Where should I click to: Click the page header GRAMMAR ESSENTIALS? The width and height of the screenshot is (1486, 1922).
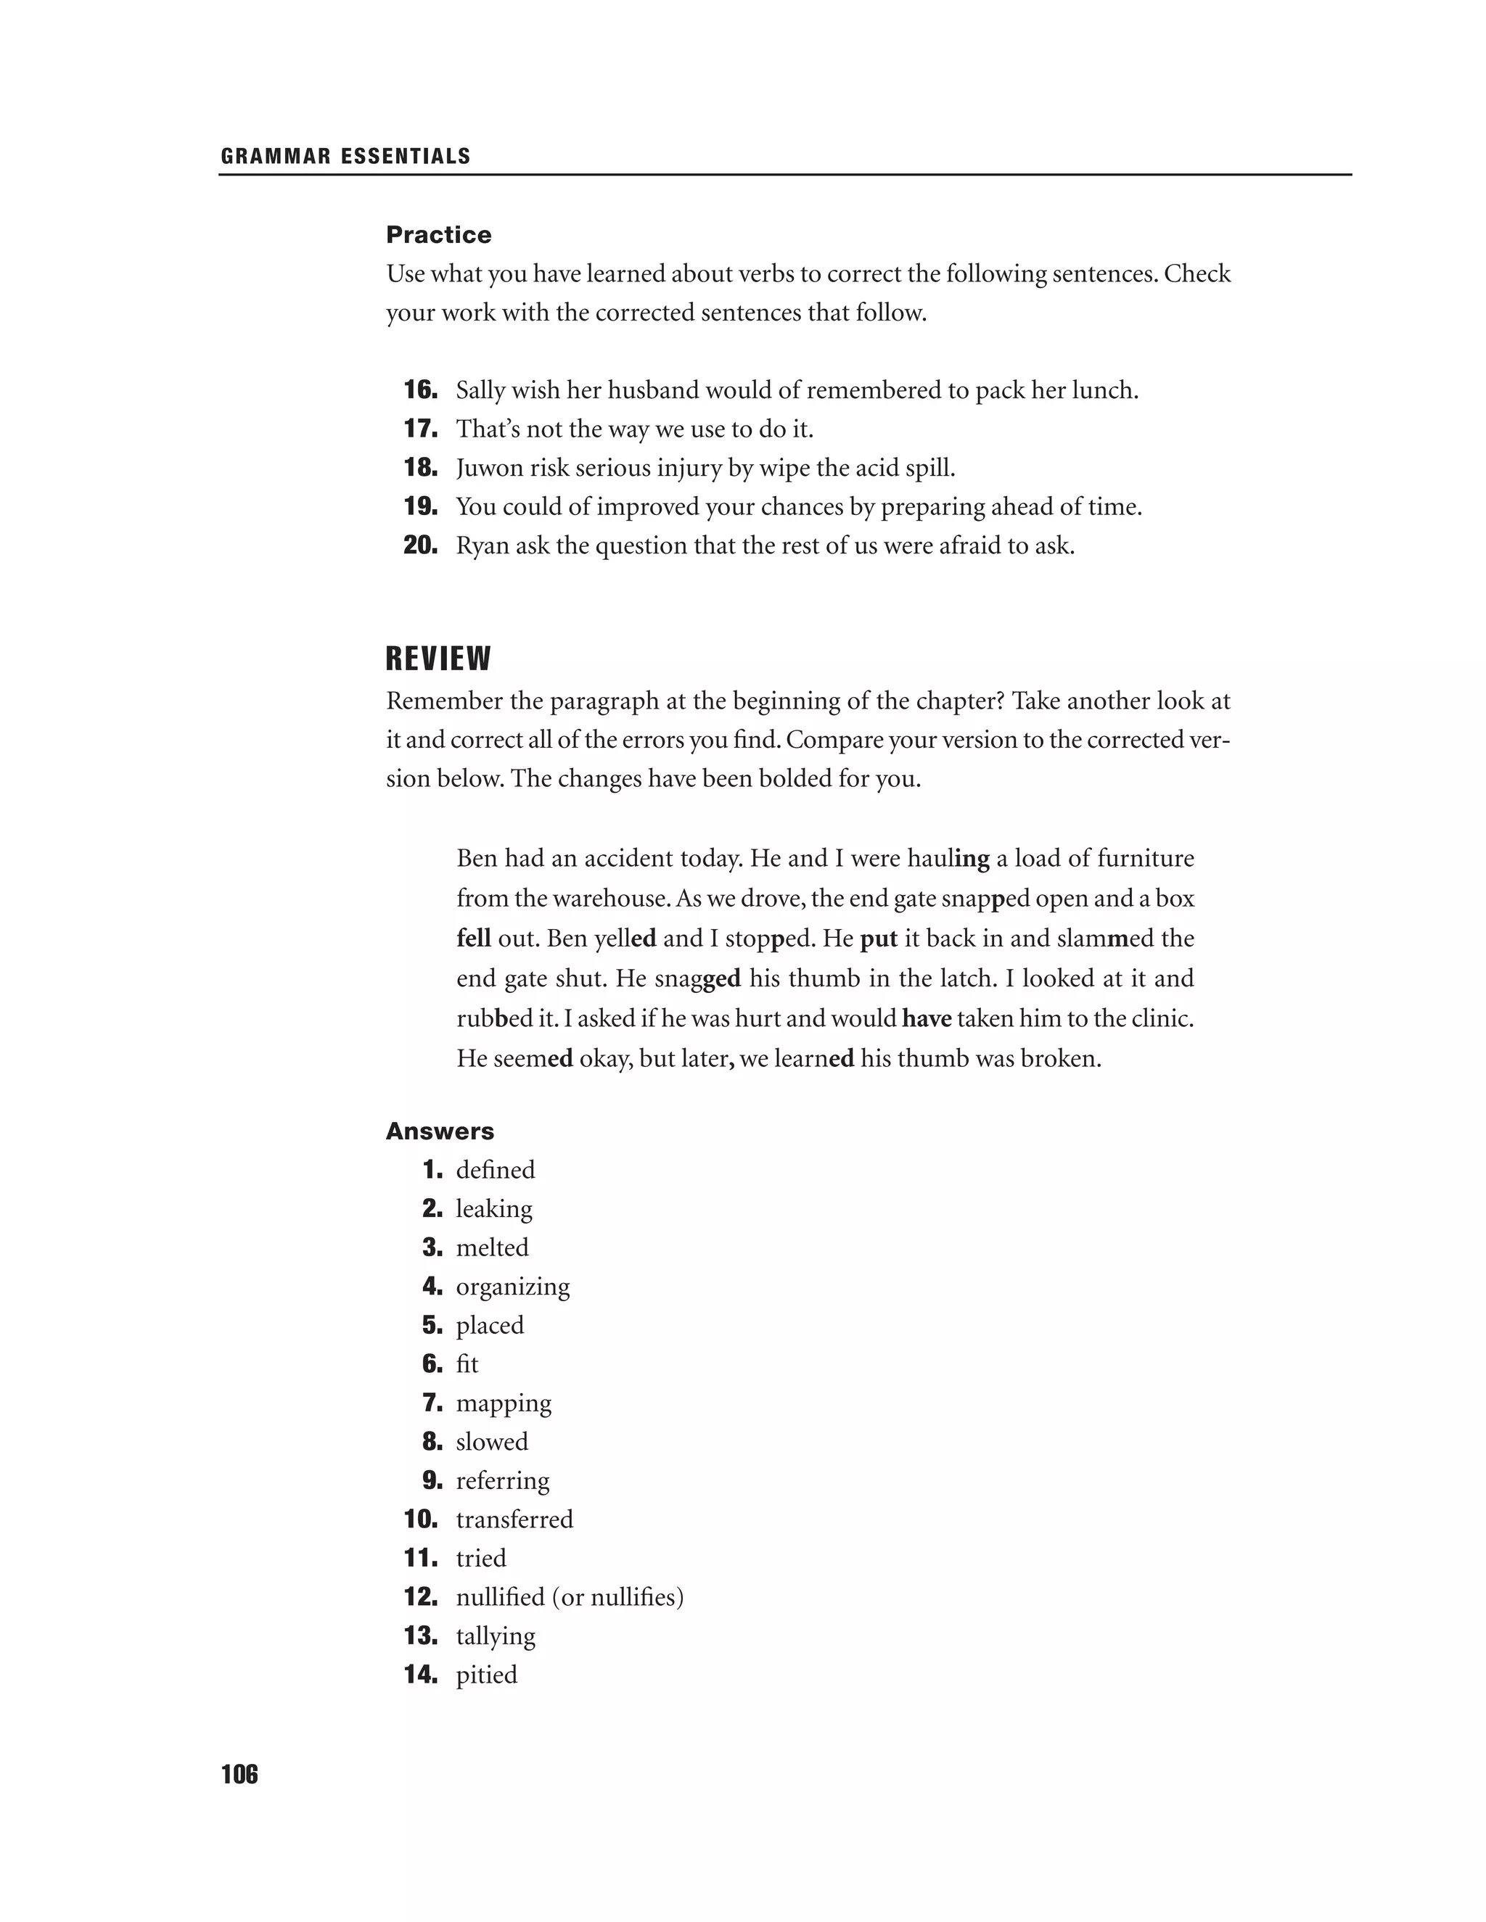[x=346, y=157]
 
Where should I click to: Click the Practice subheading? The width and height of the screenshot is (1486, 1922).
[x=438, y=235]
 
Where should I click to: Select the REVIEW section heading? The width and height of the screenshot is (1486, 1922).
[x=438, y=659]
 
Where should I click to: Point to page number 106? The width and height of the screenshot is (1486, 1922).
[x=239, y=1775]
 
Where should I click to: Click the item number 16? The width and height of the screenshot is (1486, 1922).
[x=420, y=390]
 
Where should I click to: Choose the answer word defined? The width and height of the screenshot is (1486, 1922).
[x=495, y=1170]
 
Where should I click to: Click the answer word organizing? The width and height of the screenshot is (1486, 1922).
[x=512, y=1287]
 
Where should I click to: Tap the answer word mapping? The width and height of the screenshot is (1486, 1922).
[x=504, y=1403]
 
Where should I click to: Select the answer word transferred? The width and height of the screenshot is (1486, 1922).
[x=514, y=1519]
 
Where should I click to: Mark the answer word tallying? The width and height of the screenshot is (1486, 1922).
[x=496, y=1636]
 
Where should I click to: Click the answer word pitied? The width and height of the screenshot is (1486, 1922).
[x=486, y=1675]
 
